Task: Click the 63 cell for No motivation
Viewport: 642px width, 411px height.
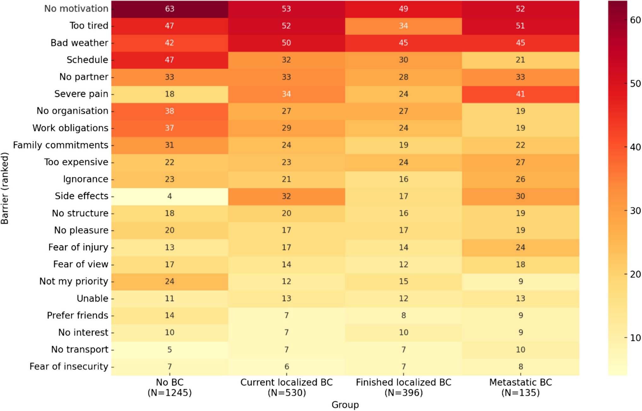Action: pos(169,9)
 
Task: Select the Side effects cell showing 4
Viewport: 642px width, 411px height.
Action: pos(169,196)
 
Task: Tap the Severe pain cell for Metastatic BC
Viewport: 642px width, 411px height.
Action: pos(520,94)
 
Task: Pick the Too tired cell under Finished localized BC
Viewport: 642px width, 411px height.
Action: pos(403,26)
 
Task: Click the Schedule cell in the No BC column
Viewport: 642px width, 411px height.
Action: pos(169,60)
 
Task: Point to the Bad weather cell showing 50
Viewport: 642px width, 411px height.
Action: pos(286,43)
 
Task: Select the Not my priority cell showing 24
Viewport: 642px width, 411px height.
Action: pos(169,282)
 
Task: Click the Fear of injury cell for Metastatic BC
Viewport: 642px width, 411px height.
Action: pos(520,247)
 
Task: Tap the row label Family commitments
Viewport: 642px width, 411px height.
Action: pos(61,145)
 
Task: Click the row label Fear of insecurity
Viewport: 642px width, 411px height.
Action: pos(69,366)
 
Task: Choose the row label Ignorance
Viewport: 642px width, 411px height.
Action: pos(86,179)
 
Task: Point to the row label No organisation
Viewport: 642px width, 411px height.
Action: pos(72,111)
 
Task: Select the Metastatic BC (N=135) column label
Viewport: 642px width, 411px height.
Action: pos(520,387)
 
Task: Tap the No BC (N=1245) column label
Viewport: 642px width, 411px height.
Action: pos(169,387)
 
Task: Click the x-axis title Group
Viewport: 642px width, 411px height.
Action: pos(345,405)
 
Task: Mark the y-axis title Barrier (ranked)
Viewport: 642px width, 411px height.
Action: pos(5,188)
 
